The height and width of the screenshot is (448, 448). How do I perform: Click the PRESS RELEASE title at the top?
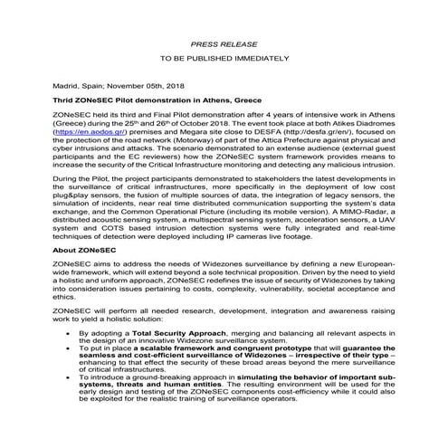224,43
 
